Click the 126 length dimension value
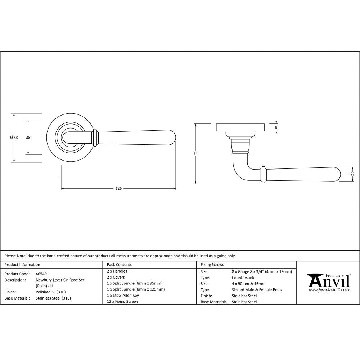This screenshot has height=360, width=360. [118, 188]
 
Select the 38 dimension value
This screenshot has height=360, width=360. [28, 137]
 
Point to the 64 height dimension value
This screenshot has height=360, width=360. [195, 154]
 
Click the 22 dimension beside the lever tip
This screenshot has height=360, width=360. [352, 174]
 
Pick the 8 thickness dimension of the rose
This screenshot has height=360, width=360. [276, 127]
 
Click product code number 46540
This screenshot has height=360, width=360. [41, 274]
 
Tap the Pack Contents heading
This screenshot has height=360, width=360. [119, 265]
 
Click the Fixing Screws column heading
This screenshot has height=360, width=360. [212, 265]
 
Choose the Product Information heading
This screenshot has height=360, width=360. [22, 265]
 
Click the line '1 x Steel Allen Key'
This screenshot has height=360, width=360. [123, 295]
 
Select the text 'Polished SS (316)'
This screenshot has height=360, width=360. [51, 292]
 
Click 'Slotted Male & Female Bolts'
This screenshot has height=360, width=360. [257, 290]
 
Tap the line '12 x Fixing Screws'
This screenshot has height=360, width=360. [122, 301]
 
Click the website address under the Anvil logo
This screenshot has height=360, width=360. [329, 290]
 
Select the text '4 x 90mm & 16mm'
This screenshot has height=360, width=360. [248, 284]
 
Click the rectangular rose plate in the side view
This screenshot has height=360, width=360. [240, 127]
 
